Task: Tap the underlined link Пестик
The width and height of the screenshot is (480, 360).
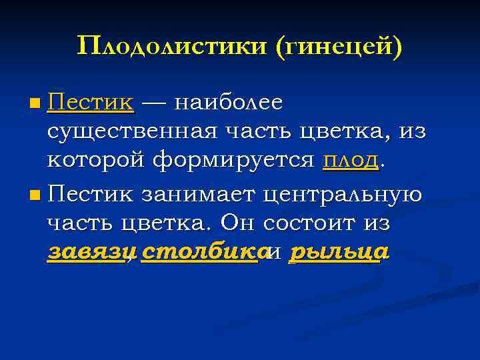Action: click(x=91, y=103)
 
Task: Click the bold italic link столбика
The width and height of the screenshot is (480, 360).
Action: click(x=199, y=253)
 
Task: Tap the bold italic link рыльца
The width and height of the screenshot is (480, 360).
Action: click(x=339, y=253)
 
